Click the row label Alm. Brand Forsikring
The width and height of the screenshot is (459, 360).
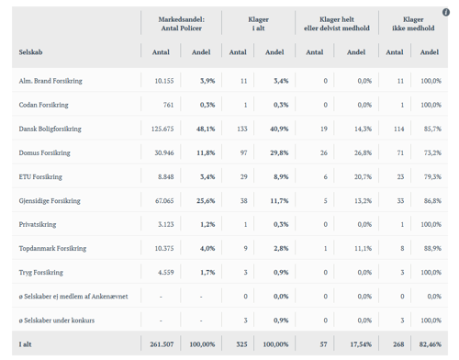click(x=50, y=81)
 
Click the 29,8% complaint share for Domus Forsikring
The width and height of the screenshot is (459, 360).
click(x=275, y=152)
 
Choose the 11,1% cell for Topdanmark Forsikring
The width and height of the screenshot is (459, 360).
click(x=363, y=248)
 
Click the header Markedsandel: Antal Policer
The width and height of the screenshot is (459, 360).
click(x=184, y=23)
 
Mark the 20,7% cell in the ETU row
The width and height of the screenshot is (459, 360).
click(x=363, y=176)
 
